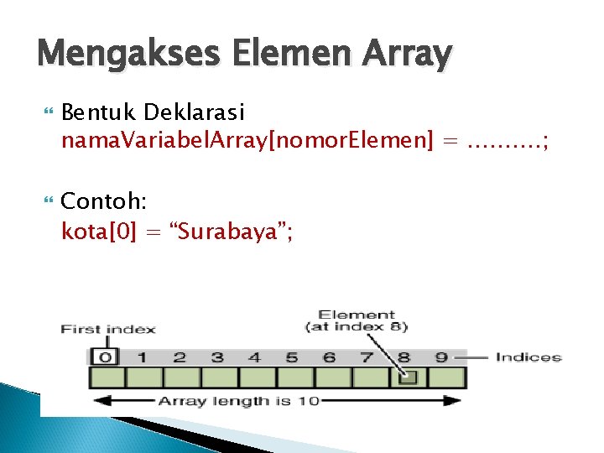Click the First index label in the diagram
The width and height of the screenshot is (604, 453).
(107, 329)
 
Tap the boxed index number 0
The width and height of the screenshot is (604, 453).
(106, 357)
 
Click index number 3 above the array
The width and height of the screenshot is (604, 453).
(217, 357)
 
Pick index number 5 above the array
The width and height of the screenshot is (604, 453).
(292, 357)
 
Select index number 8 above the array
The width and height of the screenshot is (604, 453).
(405, 357)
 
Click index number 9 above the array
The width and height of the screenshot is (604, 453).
(442, 357)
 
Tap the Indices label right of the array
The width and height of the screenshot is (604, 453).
(528, 357)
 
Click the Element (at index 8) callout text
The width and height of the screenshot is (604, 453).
(357, 320)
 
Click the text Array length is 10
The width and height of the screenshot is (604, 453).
(238, 401)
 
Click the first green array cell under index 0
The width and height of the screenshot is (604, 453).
(107, 377)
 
